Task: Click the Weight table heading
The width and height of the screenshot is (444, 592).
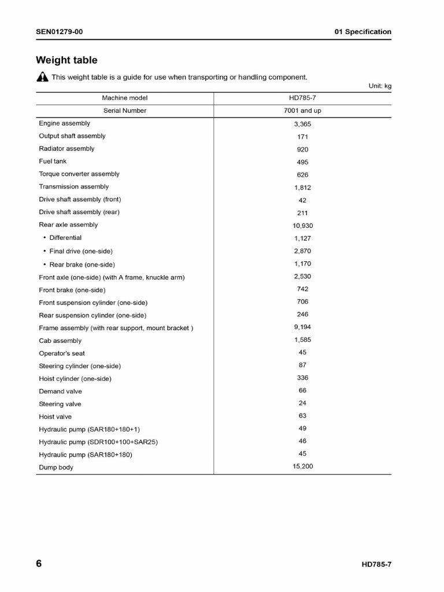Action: pyautogui.click(x=66, y=60)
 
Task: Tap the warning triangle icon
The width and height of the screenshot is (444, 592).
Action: pyautogui.click(x=42, y=77)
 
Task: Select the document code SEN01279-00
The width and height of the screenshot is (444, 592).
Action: pyautogui.click(x=59, y=32)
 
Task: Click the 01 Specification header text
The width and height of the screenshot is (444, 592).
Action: pyautogui.click(x=362, y=32)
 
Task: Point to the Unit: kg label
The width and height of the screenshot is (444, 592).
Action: pyautogui.click(x=380, y=86)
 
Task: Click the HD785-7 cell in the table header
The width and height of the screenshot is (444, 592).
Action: pyautogui.click(x=302, y=98)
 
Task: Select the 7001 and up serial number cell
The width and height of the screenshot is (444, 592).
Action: pyautogui.click(x=302, y=111)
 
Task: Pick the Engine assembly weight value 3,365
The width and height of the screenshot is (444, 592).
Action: pyautogui.click(x=302, y=124)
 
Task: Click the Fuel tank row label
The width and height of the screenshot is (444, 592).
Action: pyautogui.click(x=53, y=161)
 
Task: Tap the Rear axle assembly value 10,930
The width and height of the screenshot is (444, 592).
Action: pyautogui.click(x=302, y=226)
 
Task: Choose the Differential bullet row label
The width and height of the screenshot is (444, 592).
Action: pyautogui.click(x=65, y=238)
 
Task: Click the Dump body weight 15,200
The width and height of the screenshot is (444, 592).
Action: pyautogui.click(x=302, y=467)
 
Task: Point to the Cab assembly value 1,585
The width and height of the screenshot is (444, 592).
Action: pyautogui.click(x=302, y=340)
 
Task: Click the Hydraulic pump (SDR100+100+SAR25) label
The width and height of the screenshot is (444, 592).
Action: pyautogui.click(x=98, y=442)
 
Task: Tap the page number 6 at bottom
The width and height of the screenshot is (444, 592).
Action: pyautogui.click(x=39, y=564)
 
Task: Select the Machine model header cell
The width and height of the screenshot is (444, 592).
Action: pyautogui.click(x=125, y=98)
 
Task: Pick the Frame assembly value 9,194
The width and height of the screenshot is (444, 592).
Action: pyautogui.click(x=302, y=327)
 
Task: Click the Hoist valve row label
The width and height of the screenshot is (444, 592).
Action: pyautogui.click(x=55, y=417)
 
